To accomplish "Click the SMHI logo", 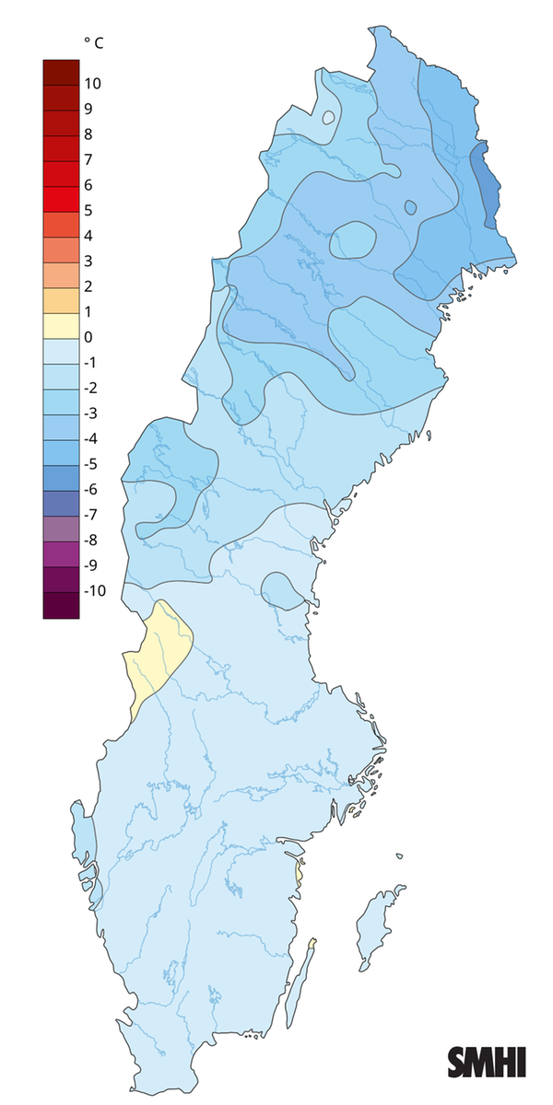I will pyautogui.click(x=487, y=1062).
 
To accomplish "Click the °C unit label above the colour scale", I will pyautogui.click(x=94, y=42).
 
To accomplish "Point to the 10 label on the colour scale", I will pyautogui.click(x=92, y=84).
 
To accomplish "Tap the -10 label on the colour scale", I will pyautogui.click(x=95, y=590).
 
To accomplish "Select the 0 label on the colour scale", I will pyautogui.click(x=88, y=337).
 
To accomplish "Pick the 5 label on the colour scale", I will pyautogui.click(x=88, y=210).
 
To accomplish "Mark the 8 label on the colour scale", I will pyautogui.click(x=88, y=134).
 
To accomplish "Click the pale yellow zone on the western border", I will pyautogui.click(x=159, y=648).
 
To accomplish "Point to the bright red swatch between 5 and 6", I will pyautogui.click(x=61, y=198).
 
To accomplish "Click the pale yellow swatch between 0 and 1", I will pyautogui.click(x=61, y=324).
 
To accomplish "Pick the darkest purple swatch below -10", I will pyautogui.click(x=61, y=604).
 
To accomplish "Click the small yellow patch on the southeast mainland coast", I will pyautogui.click(x=299, y=870).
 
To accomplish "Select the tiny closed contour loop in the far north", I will pyautogui.click(x=328, y=118).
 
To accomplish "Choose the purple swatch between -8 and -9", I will pyautogui.click(x=61, y=552).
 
